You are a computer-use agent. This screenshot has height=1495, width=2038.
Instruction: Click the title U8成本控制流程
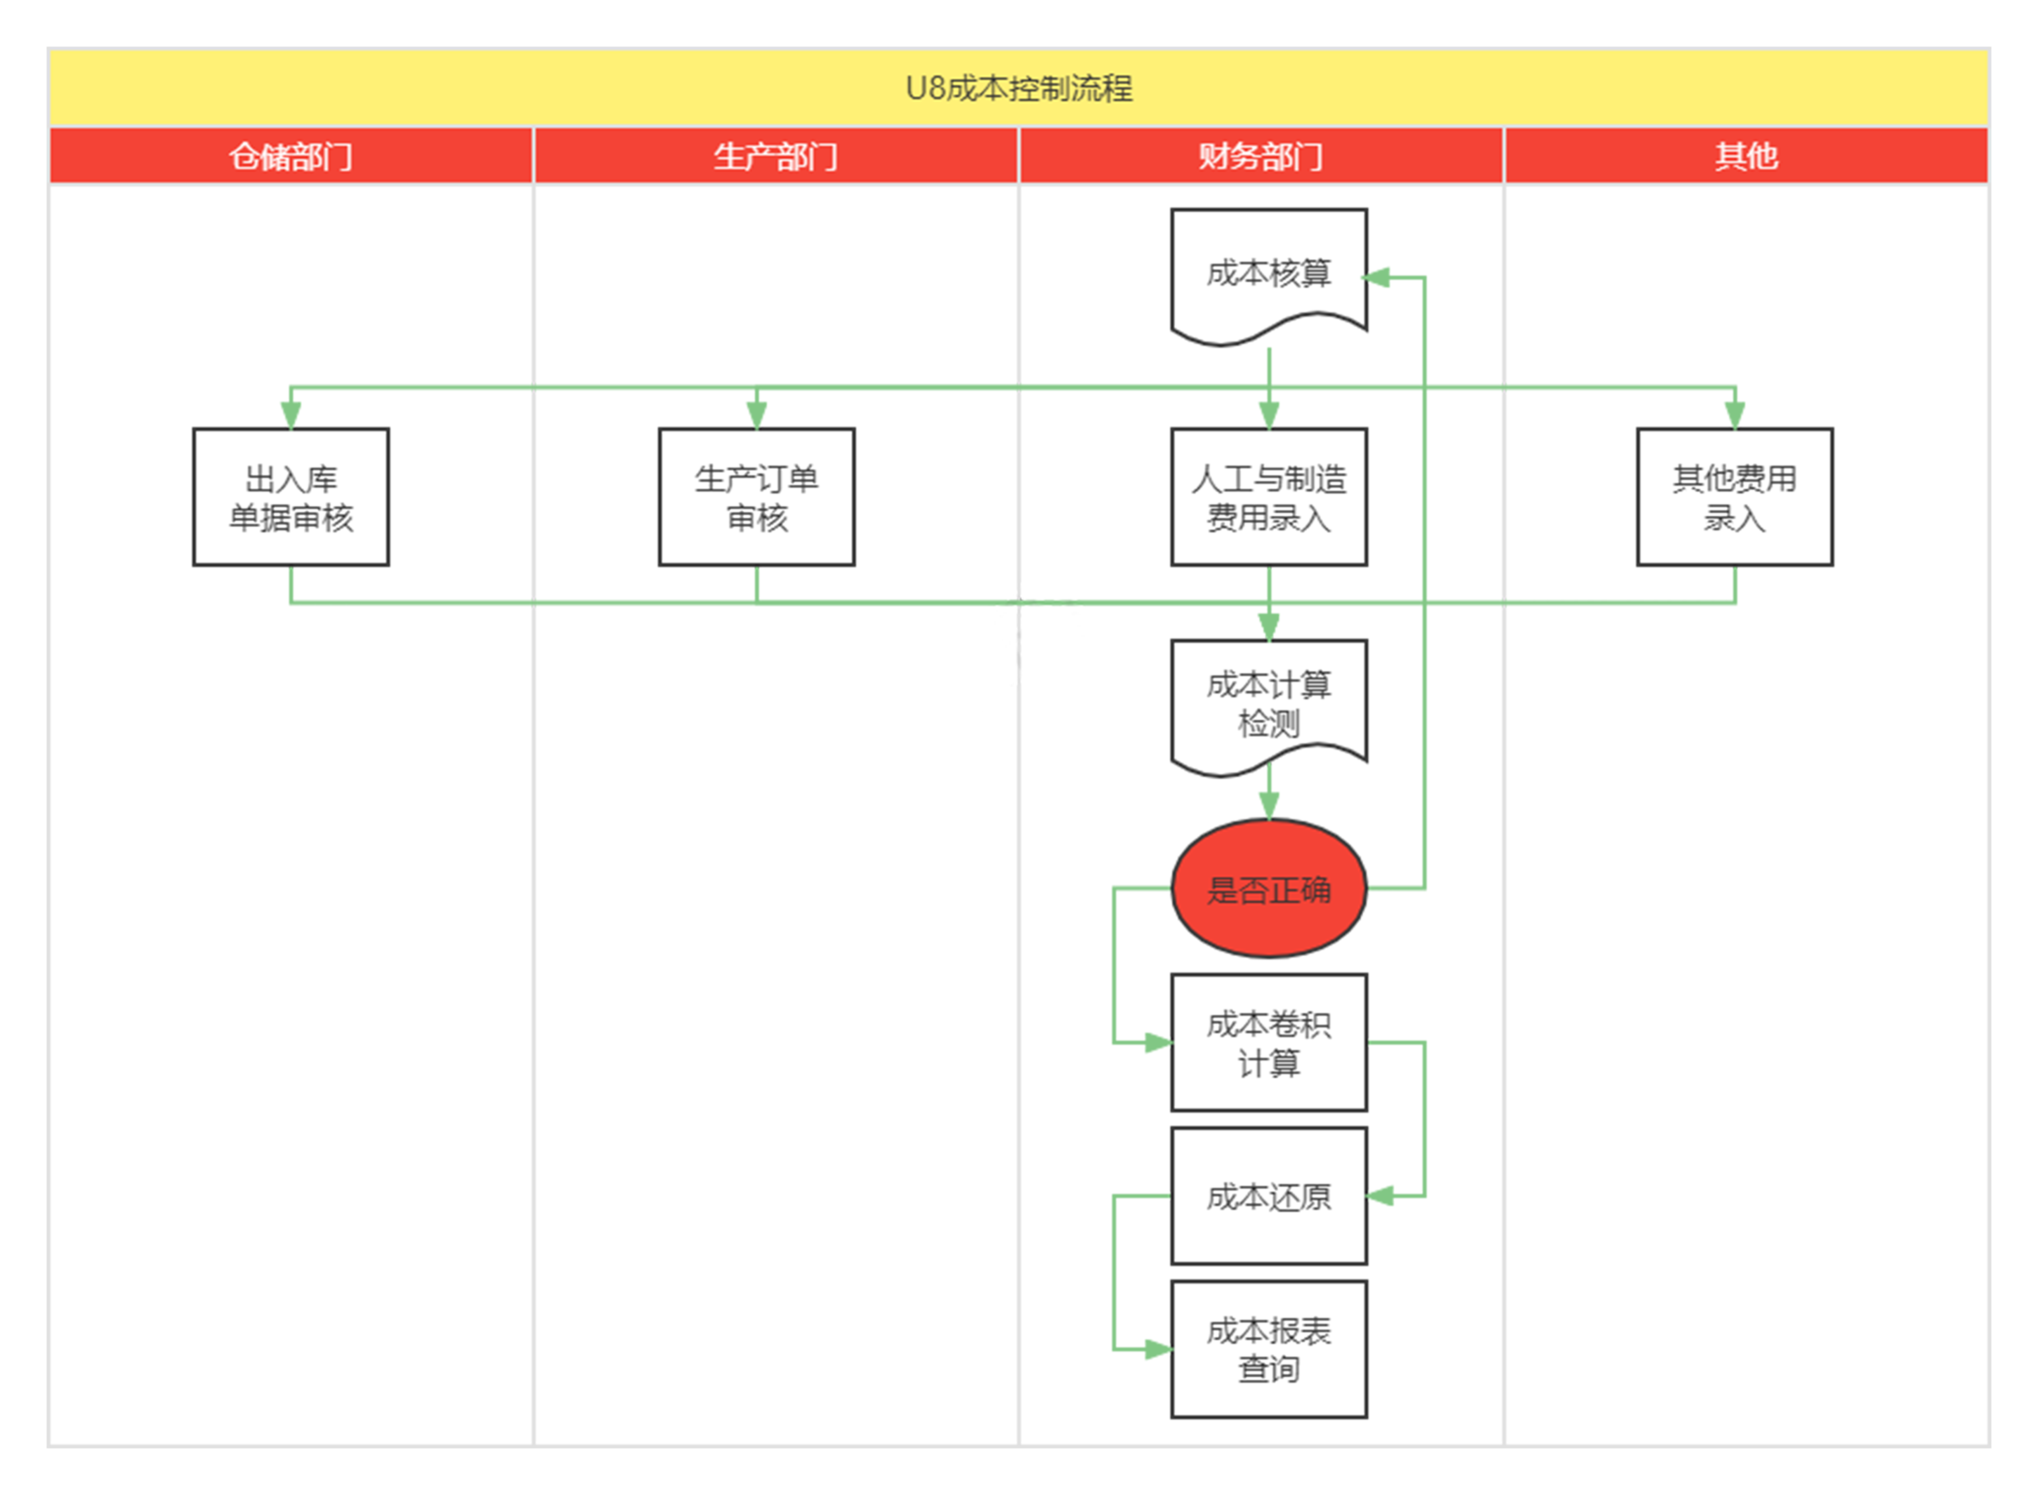[1019, 88]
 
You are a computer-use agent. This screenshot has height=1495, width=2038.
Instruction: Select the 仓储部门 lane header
[290, 156]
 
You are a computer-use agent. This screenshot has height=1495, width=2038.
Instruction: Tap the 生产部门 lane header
[775, 156]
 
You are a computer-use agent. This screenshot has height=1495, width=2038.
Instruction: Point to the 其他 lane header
[1746, 156]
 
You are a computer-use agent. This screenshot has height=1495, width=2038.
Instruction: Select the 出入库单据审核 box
[290, 497]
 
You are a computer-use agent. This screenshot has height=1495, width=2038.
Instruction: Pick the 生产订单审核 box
[756, 497]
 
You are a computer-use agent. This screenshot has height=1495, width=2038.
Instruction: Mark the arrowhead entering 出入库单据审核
[290, 414]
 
